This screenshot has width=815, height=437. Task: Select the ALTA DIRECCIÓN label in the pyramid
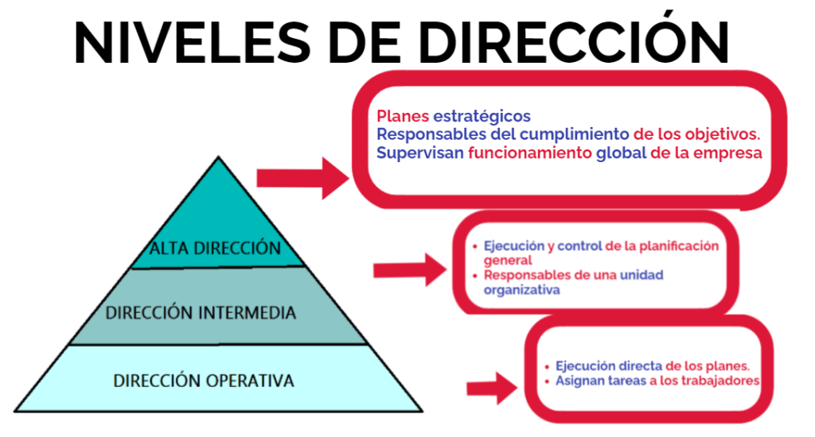tap(216, 249)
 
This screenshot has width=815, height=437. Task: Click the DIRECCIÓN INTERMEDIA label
tap(201, 313)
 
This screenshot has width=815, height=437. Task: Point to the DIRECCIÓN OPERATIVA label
tap(204, 381)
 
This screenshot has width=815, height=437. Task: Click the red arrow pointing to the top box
tap(302, 177)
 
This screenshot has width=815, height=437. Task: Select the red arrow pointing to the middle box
tap(410, 270)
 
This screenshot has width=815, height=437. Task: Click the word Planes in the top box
tap(403, 116)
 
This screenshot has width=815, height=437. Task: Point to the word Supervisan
tap(419, 153)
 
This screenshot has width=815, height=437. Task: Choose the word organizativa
tap(522, 289)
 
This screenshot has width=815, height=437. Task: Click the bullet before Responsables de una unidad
tap(475, 275)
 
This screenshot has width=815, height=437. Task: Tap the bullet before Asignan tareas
tap(548, 381)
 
